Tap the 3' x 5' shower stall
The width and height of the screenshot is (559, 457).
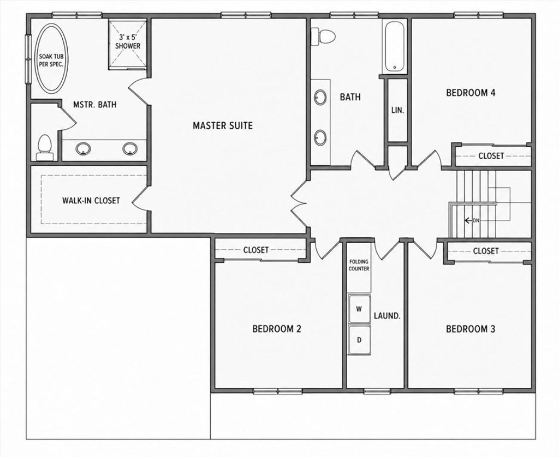[128, 45]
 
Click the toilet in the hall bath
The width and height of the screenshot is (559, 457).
[323, 37]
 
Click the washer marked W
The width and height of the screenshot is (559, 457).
[359, 309]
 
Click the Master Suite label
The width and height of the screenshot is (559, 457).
[223, 125]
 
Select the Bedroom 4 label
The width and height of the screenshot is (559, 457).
[471, 93]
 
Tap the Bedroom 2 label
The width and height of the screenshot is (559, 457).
[277, 328]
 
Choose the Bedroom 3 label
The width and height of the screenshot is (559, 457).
[471, 329]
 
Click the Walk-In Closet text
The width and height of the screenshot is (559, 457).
[91, 201]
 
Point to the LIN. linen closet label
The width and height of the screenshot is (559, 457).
[398, 110]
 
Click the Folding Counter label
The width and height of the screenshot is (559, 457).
[359, 265]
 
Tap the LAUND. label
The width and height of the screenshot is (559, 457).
[387, 316]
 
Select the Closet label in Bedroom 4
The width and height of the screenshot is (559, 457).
[491, 155]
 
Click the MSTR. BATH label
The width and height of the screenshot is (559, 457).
[94, 104]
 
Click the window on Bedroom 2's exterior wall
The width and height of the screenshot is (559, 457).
[278, 392]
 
